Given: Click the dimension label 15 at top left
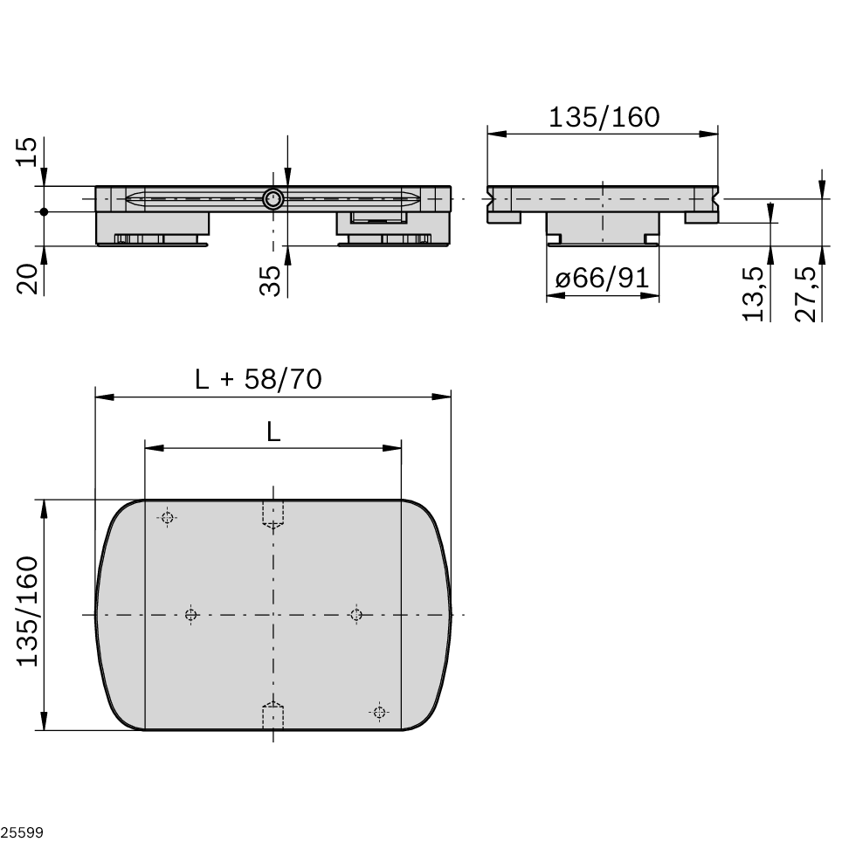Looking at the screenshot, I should tap(28, 152).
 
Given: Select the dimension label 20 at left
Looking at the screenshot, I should tap(28, 279).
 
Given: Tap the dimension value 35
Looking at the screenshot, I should tap(272, 281).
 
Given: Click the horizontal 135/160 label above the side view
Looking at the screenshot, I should tap(604, 116).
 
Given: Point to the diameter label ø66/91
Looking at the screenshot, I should tap(602, 279).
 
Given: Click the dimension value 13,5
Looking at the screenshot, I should tap(755, 293).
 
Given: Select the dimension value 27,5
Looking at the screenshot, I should tap(807, 293).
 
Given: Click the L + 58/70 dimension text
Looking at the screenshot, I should tap(259, 379).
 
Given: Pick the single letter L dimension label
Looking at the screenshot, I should tap(273, 431).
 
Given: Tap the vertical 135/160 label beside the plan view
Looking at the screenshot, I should tap(28, 611).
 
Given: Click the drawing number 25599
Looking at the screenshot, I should tap(22, 832).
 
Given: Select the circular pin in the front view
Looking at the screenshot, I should tap(273, 199).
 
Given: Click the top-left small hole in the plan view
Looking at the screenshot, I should tap(167, 517).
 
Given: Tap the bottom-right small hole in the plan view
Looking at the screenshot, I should tap(379, 712).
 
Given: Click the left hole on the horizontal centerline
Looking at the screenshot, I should tap(191, 615).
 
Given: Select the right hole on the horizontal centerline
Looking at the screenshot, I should tap(355, 615).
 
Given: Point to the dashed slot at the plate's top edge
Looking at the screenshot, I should tap(273, 514).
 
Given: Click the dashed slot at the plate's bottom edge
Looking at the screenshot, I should tap(273, 716).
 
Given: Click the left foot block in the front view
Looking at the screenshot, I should tap(152, 227).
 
